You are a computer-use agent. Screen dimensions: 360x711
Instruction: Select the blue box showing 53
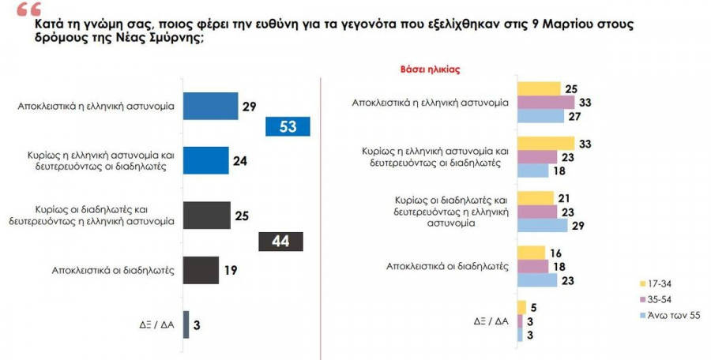pos(288,126)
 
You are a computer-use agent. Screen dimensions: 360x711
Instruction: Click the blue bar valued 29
pos(210,106)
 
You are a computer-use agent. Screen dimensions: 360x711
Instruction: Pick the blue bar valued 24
pos(205,159)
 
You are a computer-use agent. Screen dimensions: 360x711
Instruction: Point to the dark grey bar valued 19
pos(201,269)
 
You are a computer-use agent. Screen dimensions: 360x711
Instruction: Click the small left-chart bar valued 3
pos(186,324)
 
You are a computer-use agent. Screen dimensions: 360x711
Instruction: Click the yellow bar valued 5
pos(521,307)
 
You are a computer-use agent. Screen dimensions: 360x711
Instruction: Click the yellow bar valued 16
pos(530,253)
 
